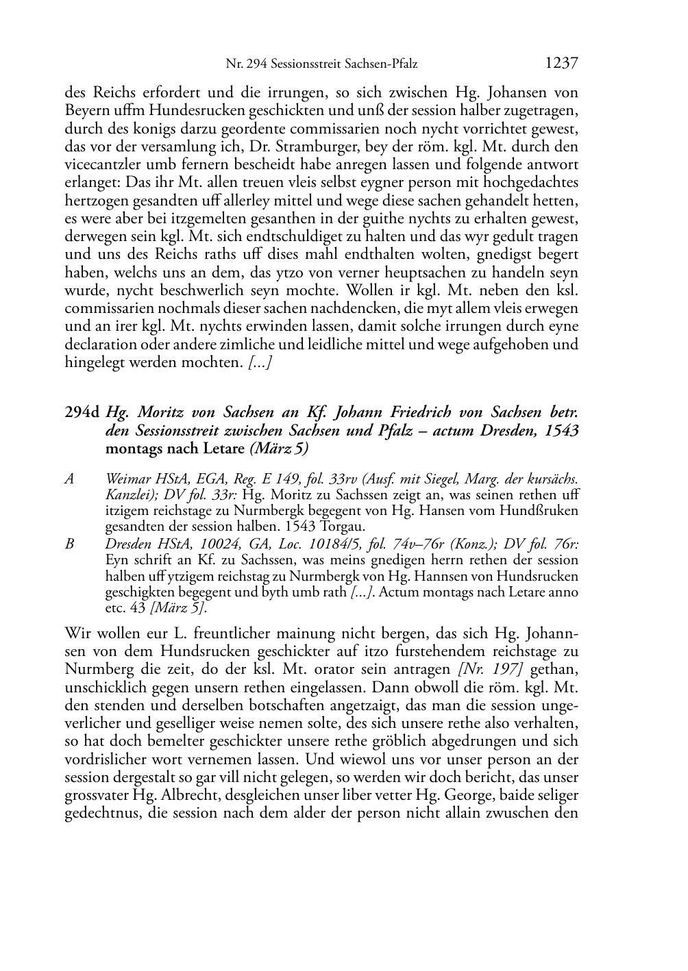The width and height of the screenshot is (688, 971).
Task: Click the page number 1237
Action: click(x=562, y=63)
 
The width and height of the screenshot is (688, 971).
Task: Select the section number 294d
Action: click(x=83, y=412)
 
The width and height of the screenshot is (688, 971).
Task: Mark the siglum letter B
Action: click(x=69, y=544)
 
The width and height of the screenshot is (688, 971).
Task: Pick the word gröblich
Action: click(x=384, y=741)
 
